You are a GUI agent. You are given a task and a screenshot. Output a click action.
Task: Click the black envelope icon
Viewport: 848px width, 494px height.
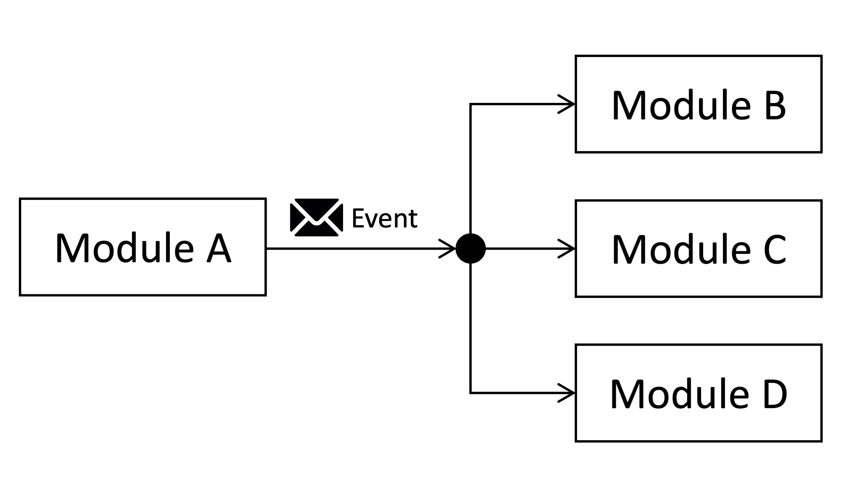click(x=316, y=217)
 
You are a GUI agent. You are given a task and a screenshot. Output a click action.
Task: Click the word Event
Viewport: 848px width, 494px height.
click(x=385, y=218)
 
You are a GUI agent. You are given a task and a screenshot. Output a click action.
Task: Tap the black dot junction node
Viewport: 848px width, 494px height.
click(x=471, y=248)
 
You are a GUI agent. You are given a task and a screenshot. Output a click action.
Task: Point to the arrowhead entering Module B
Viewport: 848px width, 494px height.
click(x=567, y=104)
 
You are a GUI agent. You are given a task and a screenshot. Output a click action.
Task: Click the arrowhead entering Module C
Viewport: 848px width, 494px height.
click(x=567, y=249)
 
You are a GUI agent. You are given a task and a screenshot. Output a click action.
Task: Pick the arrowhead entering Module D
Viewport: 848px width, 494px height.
click(x=567, y=393)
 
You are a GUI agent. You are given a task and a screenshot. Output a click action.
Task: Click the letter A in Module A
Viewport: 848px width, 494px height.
click(x=219, y=248)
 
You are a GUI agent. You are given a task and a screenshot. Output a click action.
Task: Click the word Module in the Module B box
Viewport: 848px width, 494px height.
click(x=681, y=104)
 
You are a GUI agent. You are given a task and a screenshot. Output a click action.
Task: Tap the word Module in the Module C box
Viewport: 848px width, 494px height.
click(x=681, y=249)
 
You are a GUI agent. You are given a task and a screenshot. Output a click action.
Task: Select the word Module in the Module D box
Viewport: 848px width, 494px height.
click(x=680, y=393)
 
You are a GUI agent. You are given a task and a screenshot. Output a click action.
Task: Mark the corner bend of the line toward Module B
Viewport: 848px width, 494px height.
click(x=471, y=104)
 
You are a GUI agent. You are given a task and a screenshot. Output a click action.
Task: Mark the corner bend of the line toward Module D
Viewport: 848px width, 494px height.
click(x=471, y=393)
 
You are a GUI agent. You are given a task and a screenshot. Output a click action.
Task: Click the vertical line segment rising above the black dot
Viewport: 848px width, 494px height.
click(x=471, y=168)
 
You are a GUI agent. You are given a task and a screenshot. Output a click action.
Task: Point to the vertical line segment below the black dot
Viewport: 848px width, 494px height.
click(x=471, y=329)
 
